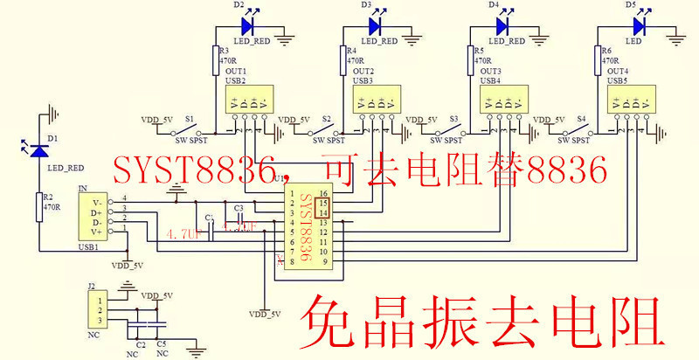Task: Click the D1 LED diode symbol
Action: pyautogui.click(x=38, y=150)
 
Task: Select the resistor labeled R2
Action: pyautogui.click(x=38, y=207)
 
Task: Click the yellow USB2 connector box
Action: pyautogui.click(x=249, y=100)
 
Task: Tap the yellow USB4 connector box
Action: pyautogui.click(x=502, y=100)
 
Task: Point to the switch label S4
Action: pyautogui.click(x=583, y=118)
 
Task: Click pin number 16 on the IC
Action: pyautogui.click(x=323, y=193)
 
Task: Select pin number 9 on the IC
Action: pyautogui.click(x=323, y=261)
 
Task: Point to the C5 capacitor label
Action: pyautogui.click(x=162, y=345)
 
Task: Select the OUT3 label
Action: pyautogui.click(x=490, y=71)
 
